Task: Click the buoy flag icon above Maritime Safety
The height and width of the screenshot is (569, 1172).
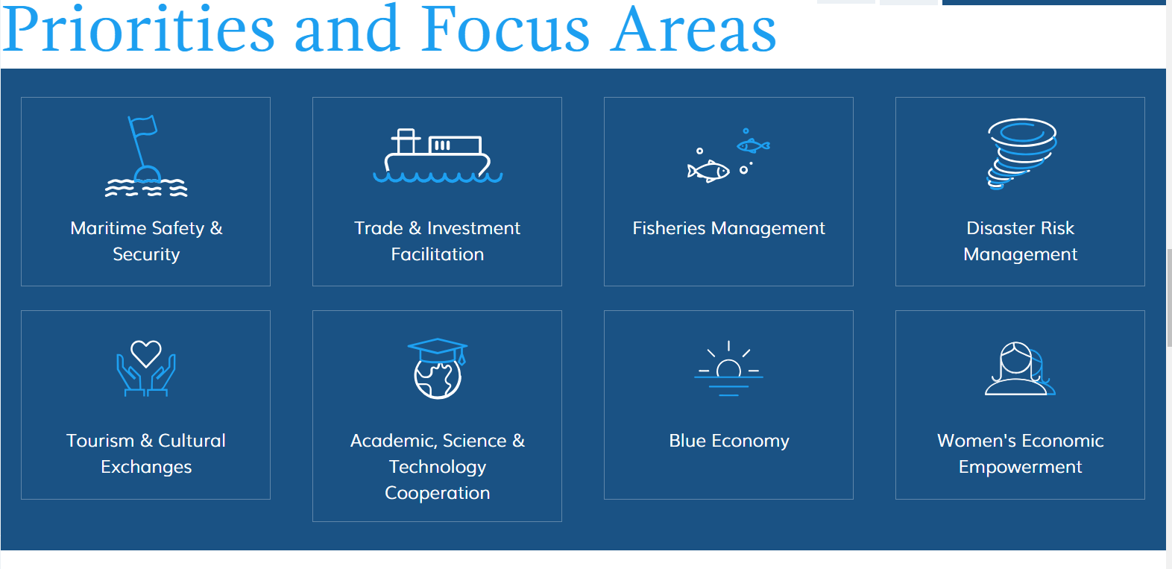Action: tap(146, 156)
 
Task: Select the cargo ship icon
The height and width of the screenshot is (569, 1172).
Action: tap(437, 156)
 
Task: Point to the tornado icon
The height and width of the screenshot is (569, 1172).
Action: tap(1021, 153)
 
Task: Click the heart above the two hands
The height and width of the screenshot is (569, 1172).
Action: tap(146, 353)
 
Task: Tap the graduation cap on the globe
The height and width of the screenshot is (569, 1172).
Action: tap(438, 350)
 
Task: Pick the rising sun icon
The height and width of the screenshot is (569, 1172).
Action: tap(728, 369)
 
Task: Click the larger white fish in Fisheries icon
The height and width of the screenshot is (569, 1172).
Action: tap(709, 172)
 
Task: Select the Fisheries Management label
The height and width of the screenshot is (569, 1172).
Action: tap(728, 228)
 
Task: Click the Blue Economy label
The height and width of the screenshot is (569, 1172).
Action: tap(728, 441)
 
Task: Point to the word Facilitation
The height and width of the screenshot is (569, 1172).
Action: tap(437, 254)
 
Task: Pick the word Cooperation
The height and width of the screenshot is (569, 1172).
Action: tap(437, 493)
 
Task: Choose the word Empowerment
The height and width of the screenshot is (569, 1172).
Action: tap(1020, 467)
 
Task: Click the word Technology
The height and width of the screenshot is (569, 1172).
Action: tap(437, 467)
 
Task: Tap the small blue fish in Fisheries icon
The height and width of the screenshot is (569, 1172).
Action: tap(753, 145)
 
